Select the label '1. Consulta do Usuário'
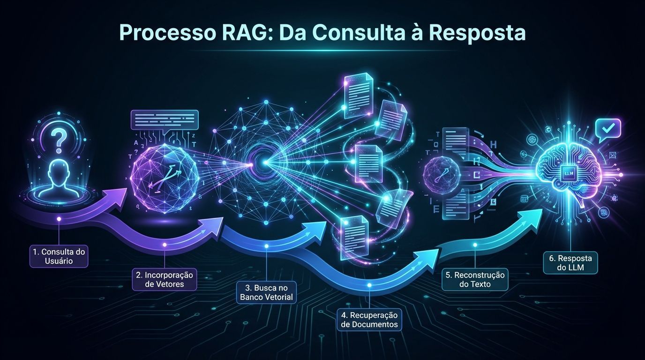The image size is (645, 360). pos(59,256)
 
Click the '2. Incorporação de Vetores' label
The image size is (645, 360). pos(165,279)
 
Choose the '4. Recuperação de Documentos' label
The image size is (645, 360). pos(369,319)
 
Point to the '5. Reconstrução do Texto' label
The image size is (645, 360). pos(475,279)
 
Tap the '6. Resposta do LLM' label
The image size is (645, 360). pos(570,263)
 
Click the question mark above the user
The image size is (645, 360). pos(59,139)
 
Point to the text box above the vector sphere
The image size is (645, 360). pos(165,120)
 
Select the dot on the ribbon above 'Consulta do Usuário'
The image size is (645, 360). pos(59,219)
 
